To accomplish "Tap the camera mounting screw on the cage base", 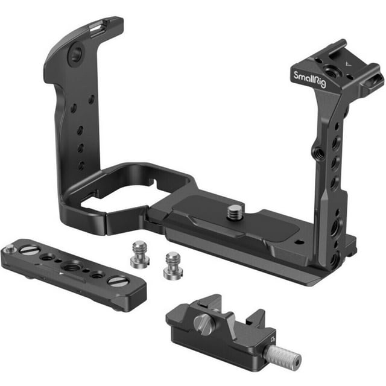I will click(233, 210).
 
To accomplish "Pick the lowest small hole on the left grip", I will click(80, 166).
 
